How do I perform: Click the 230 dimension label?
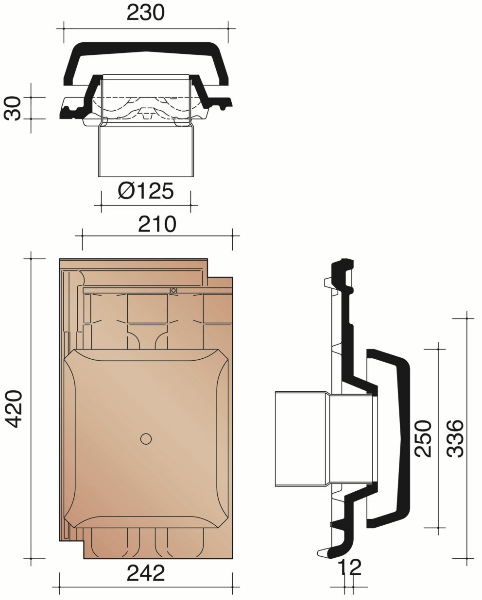tap(145, 13)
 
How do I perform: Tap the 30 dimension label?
tap(13, 108)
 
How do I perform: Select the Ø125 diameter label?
tap(146, 191)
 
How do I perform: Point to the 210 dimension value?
tap(157, 224)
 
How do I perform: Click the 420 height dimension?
tap(14, 409)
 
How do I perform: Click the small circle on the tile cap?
tap(146, 439)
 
